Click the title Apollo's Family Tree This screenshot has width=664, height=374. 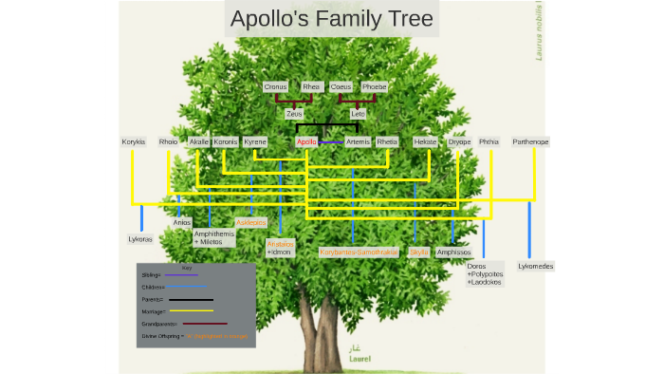pos(331,19)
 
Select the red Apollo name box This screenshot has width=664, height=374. pos(306,141)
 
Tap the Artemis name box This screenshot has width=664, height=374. pos(358,141)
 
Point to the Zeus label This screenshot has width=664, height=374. pos(294,113)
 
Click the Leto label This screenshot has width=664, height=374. pos(358,113)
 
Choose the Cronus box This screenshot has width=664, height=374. pos(275,86)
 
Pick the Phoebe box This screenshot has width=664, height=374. pos(375,86)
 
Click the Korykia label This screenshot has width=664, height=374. pos(134,141)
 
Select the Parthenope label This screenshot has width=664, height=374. pos(530,141)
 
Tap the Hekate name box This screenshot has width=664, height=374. pos(425,141)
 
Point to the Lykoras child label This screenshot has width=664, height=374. pos(140,239)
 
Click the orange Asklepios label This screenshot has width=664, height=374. pos(251,222)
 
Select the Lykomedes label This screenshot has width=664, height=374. pos(536,266)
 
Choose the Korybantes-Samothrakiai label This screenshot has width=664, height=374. pos(359,252)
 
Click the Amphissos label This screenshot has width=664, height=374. pos(454,252)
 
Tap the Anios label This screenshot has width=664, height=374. pos(182,222)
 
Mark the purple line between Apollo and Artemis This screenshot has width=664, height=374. pos(331,142)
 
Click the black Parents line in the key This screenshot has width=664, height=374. pos(192,299)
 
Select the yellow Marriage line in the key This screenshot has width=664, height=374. pos(192,310)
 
